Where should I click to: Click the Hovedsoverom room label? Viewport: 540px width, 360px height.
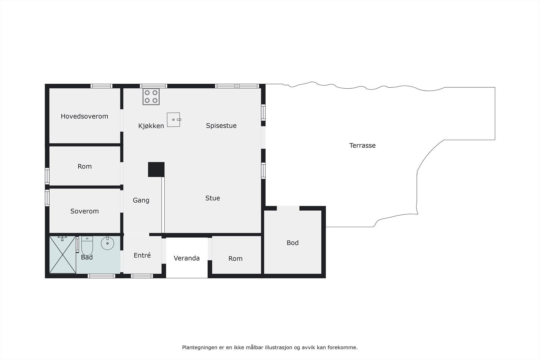click(84, 116)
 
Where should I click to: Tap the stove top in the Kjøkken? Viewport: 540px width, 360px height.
click(151, 96)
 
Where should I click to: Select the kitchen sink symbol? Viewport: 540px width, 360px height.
click(173, 120)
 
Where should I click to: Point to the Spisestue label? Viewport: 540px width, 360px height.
click(221, 126)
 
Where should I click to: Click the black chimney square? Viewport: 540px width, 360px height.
click(156, 169)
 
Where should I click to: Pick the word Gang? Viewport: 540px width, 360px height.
click(141, 200)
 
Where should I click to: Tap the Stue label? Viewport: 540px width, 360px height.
click(213, 198)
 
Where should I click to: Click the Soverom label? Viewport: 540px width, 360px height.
click(84, 211)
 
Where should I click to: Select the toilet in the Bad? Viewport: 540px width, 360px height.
click(87, 246)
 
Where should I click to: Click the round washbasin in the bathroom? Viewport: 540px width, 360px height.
click(107, 243)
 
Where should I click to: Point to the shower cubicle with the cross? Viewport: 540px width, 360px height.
click(63, 254)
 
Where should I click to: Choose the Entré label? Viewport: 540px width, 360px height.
click(142, 255)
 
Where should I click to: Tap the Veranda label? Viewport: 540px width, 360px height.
click(187, 258)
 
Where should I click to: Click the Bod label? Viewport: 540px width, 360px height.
click(293, 243)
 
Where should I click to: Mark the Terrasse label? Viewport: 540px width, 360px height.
click(362, 146)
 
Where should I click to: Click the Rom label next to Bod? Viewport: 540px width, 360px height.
click(235, 259)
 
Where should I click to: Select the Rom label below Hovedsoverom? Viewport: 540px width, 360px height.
click(84, 167)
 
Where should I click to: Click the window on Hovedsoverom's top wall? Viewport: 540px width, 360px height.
click(102, 86)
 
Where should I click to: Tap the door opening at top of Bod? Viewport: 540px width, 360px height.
click(288, 208)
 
